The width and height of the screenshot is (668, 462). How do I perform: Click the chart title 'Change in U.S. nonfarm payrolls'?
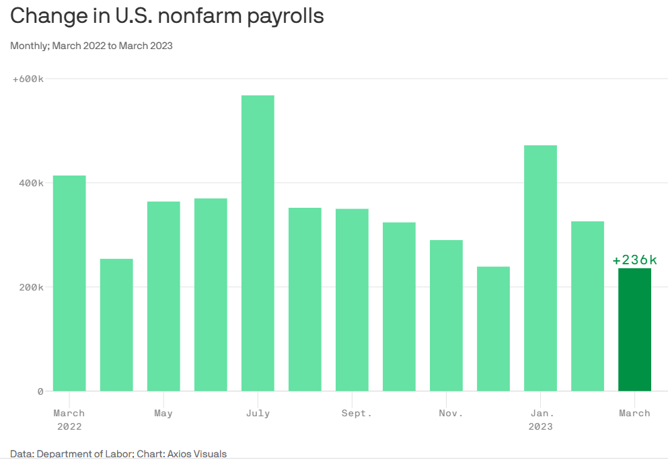tap(167, 16)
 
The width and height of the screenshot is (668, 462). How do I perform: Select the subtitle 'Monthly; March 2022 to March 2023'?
tap(91, 46)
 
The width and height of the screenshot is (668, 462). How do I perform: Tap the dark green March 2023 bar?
tap(634, 330)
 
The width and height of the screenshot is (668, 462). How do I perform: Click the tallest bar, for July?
tap(258, 243)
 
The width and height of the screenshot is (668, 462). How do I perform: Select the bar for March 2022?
tap(69, 283)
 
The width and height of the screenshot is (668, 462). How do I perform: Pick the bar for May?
tap(163, 296)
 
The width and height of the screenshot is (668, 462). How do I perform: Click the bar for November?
tap(446, 315)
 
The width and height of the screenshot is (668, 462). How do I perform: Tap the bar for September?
tap(352, 300)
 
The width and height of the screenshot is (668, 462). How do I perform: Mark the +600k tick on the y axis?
tap(28, 79)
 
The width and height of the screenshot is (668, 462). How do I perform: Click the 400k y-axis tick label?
tap(30, 183)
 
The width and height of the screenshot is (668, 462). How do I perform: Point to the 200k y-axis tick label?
tap(30, 287)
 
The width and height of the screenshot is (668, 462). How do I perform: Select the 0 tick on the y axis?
tap(40, 391)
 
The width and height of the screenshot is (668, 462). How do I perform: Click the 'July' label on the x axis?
tap(258, 413)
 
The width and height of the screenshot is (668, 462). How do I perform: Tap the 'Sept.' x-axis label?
tap(357, 413)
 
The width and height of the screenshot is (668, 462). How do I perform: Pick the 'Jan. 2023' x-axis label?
tap(541, 420)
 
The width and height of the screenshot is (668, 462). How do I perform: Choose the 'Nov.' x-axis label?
tap(451, 413)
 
